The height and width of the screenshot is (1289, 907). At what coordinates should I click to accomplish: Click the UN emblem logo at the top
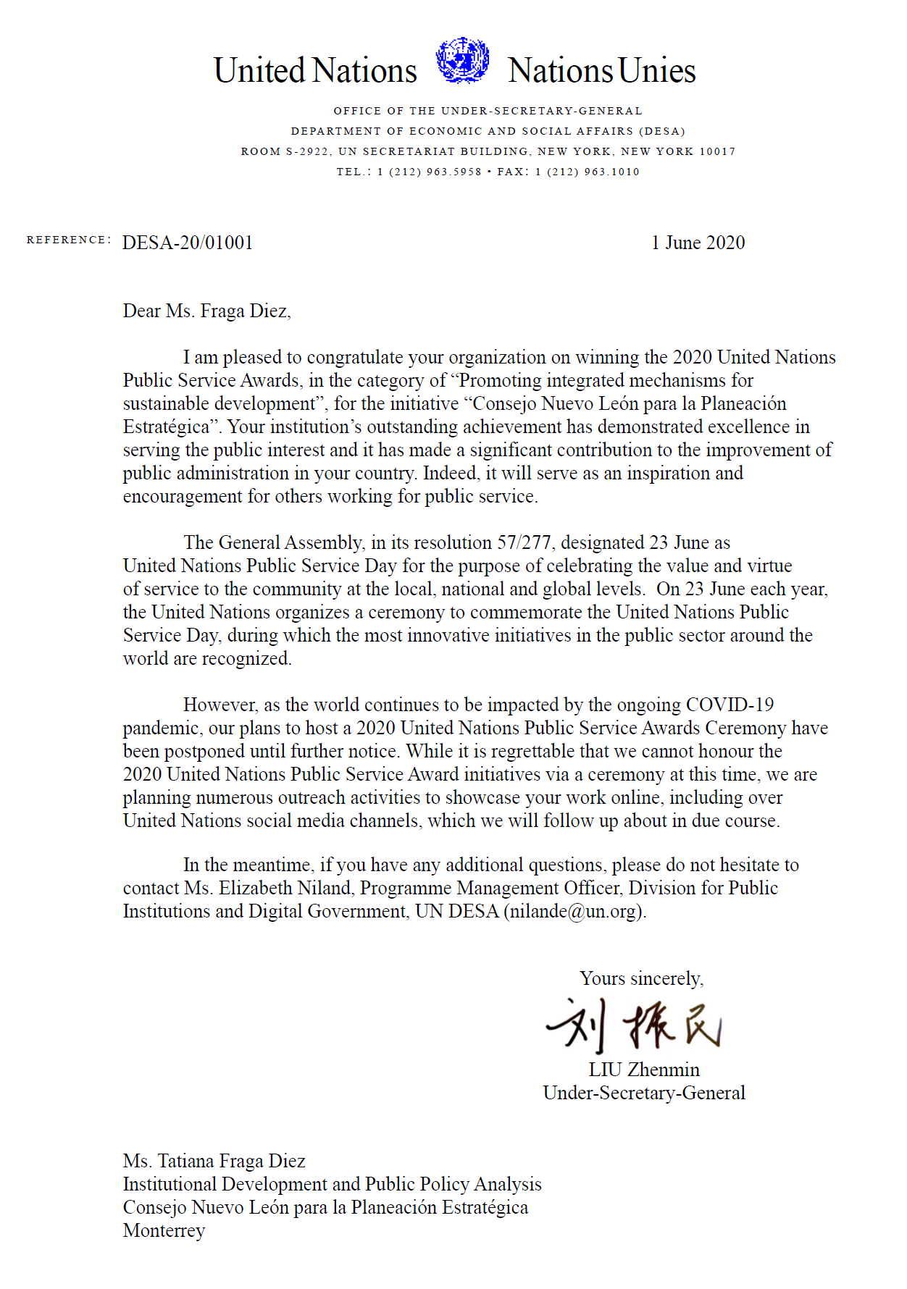[x=462, y=60]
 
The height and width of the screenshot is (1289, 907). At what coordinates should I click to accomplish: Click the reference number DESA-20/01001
[x=188, y=243]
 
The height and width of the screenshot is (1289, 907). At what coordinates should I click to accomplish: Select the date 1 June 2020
[x=698, y=243]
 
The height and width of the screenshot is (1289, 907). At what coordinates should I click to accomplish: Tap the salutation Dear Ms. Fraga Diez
[x=206, y=311]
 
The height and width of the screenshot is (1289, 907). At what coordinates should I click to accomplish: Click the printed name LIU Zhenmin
[x=644, y=1070]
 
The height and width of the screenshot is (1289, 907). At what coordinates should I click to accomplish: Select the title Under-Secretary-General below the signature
[x=644, y=1093]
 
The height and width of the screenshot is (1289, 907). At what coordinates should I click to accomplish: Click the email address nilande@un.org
[x=574, y=911]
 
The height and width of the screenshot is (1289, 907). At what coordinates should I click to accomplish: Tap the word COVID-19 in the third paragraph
[x=730, y=705]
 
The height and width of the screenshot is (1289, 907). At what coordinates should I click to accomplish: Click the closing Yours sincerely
[x=641, y=978]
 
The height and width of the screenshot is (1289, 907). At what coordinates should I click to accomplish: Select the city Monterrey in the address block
[x=164, y=1230]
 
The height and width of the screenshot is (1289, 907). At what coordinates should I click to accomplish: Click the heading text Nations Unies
[x=601, y=71]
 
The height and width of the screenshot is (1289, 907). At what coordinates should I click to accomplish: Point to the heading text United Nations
[x=315, y=71]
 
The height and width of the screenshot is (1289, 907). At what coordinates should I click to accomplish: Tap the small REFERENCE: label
[x=69, y=240]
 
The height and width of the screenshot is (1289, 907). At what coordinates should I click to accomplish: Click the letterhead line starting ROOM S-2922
[x=488, y=151]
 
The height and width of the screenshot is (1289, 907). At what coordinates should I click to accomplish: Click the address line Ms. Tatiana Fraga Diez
[x=214, y=1161]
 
